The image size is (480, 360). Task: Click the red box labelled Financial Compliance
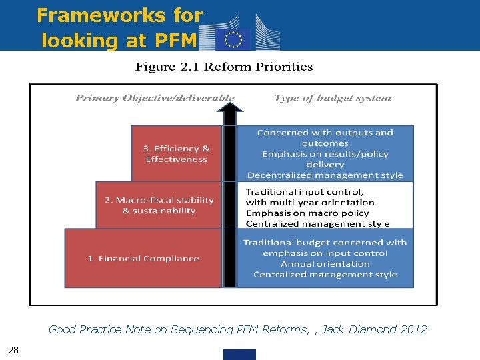click(x=143, y=259)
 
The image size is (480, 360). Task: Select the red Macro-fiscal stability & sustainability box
click(x=159, y=205)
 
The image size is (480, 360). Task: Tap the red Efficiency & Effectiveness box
click(x=176, y=154)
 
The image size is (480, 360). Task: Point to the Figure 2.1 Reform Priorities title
click(x=224, y=67)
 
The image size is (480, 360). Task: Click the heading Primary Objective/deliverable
click(x=155, y=98)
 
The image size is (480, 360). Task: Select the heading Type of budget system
click(x=332, y=98)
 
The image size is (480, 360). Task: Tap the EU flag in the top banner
click(x=233, y=40)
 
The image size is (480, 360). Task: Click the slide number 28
click(x=13, y=350)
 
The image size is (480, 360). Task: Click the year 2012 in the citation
click(x=415, y=329)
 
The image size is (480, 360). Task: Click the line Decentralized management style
click(x=325, y=175)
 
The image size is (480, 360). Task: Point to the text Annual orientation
click(x=325, y=264)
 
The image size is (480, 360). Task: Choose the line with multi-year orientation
click(x=310, y=203)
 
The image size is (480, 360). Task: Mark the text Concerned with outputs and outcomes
click(x=325, y=138)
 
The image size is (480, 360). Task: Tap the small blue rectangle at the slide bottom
click(x=239, y=355)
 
